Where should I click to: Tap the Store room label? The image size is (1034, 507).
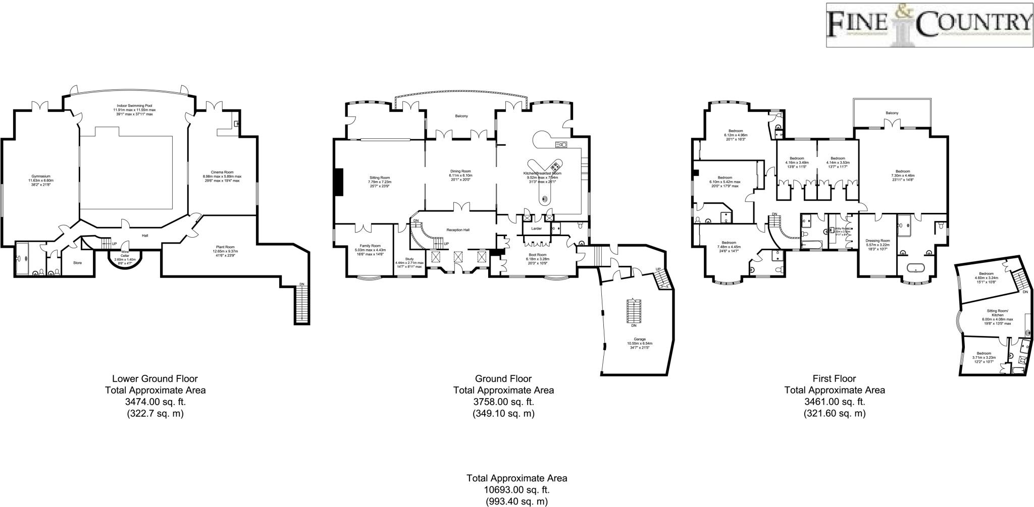[x=77, y=263]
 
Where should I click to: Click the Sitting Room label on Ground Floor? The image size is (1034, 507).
[x=380, y=178]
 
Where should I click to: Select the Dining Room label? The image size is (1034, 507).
[x=460, y=171]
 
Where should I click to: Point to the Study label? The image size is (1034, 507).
[x=409, y=259]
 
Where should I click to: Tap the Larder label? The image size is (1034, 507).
[x=536, y=229]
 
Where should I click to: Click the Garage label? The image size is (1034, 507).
[x=640, y=339]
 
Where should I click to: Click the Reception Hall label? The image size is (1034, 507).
[x=458, y=230]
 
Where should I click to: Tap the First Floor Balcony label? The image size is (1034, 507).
[x=892, y=113]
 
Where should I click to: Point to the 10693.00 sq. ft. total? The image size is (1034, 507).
[x=516, y=489]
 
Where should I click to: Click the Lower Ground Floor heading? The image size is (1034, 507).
[x=154, y=378]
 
